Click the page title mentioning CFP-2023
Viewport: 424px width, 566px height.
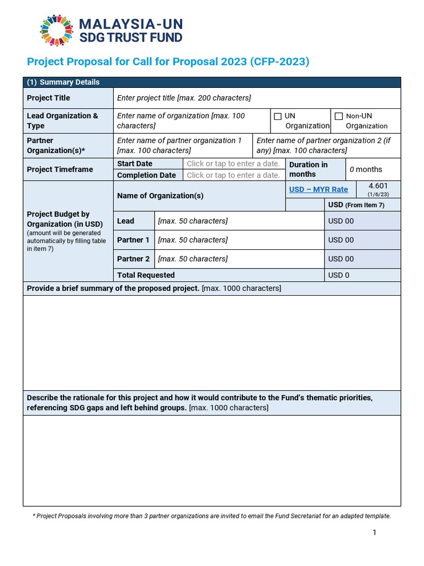coord(168,61)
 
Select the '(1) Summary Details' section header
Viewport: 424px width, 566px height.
coord(63,82)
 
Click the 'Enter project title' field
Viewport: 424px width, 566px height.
coord(184,98)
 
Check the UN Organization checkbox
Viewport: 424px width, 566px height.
coord(278,116)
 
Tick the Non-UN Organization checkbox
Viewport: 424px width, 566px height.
coord(338,116)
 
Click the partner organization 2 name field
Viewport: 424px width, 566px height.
coord(326,145)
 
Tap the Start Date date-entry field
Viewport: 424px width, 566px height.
coord(233,164)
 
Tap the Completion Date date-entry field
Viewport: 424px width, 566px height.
coord(233,175)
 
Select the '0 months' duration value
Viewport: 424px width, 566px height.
coord(366,169)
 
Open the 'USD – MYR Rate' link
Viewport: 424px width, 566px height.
coord(319,190)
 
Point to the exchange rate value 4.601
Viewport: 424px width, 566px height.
coord(378,186)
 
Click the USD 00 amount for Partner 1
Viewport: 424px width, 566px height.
coord(341,240)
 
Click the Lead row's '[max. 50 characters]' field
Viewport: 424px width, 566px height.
coord(193,221)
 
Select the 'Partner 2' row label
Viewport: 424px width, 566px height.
coord(133,259)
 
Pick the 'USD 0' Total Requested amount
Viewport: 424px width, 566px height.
coord(339,275)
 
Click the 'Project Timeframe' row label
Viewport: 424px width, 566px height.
coord(60,169)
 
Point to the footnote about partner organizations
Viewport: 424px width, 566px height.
coord(212,516)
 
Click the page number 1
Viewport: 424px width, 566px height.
coord(374,532)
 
